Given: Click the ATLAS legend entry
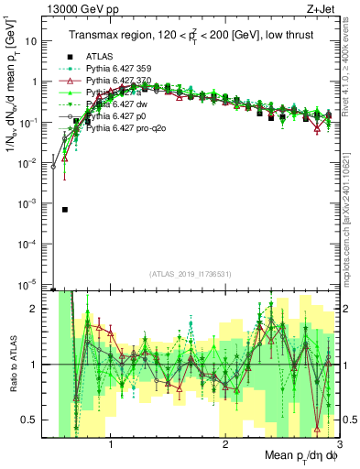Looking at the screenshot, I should (101, 58).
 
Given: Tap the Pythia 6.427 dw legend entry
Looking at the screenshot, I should (120, 105).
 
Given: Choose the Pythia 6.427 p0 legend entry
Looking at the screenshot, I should (120, 117).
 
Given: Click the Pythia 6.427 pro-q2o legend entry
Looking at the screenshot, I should (127, 129).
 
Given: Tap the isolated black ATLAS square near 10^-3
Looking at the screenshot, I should (64, 210).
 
